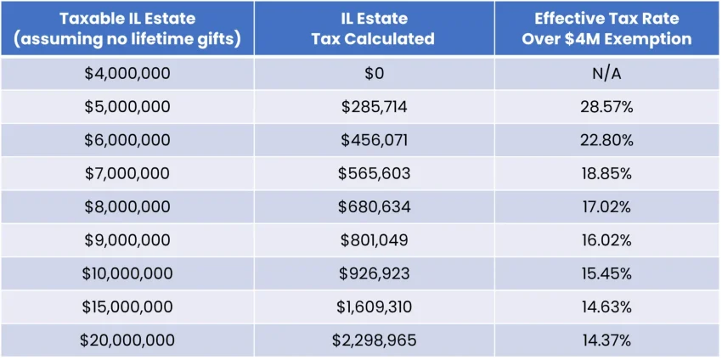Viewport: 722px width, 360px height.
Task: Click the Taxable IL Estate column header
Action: (x=127, y=28)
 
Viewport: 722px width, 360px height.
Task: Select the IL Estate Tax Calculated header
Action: (x=374, y=28)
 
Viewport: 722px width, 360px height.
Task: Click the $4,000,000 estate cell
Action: (x=127, y=74)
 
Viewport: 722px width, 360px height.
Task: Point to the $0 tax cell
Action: (x=374, y=74)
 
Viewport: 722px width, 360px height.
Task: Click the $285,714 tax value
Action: (x=374, y=107)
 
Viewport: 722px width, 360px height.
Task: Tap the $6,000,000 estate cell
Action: (x=127, y=140)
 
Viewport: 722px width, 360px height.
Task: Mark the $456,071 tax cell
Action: (x=374, y=140)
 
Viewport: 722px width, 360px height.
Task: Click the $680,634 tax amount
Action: (x=374, y=207)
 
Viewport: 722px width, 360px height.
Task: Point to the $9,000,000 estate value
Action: (x=127, y=240)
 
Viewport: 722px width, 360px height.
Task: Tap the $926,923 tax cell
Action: (x=374, y=273)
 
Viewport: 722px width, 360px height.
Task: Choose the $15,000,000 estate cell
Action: (x=127, y=307)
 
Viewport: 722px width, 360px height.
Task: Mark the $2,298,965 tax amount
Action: (x=374, y=340)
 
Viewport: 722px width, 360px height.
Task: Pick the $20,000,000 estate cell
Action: (x=127, y=340)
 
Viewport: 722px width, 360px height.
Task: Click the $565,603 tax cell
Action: (x=374, y=173)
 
